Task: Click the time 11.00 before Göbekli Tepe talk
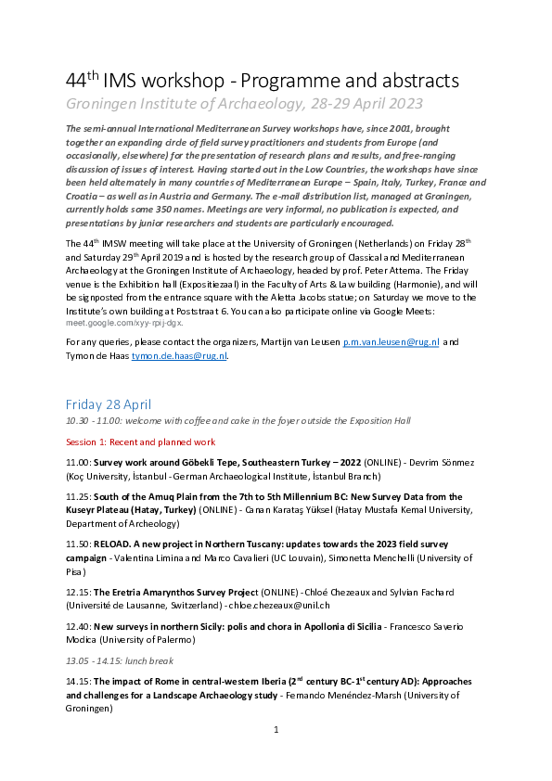pos(77,461)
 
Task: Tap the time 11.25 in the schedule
pos(77,497)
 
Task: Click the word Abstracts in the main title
pos(407,81)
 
